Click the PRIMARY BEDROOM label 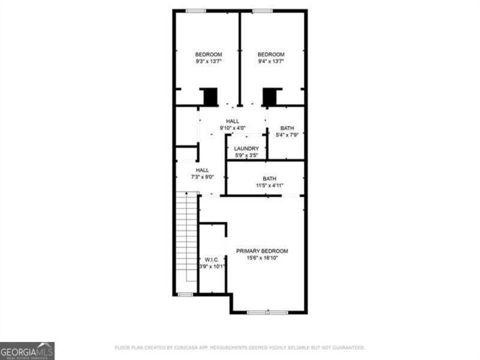pos(262,251)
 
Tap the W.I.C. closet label pos(212,259)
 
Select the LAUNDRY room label pos(246,149)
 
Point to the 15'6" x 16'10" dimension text pos(262,258)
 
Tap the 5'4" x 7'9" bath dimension pos(287,135)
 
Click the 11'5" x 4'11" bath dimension pos(269,186)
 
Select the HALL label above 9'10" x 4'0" pos(232,121)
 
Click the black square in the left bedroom pos(210,97)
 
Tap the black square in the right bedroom pos(269,97)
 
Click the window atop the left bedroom pos(196,10)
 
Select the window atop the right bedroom pos(262,10)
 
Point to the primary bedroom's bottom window pos(259,312)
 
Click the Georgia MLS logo pos(27,351)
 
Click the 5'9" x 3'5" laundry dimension pos(246,156)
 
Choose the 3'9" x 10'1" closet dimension pos(212,267)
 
